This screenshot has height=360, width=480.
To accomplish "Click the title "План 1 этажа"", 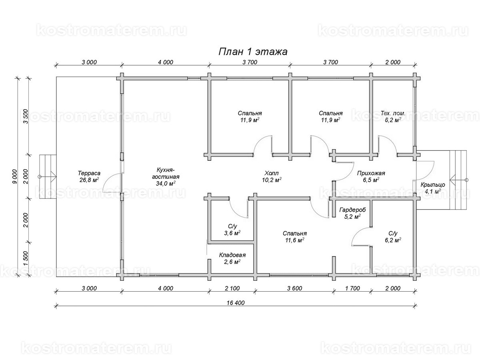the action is tap(253, 52).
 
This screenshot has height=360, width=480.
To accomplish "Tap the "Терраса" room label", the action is tap(89, 173).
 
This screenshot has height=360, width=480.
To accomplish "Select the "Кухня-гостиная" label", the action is tap(166, 173).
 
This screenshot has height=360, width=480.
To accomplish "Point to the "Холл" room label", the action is tap(271, 173).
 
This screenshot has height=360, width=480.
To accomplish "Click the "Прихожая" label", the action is tap(371, 173).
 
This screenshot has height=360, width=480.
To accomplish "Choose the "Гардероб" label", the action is tap(352, 210).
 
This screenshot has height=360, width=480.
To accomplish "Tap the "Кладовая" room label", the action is tap(232, 255).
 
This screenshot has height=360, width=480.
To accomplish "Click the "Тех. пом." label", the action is tap(393, 114).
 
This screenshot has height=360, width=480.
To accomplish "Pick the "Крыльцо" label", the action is tap(432, 185).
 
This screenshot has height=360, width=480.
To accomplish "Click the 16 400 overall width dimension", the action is tap(236, 303).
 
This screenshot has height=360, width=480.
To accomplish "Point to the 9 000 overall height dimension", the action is tap(15, 176).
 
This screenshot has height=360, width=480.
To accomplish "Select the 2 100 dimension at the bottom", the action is tap(232, 288).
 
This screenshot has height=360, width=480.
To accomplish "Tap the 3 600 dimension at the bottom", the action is tap(294, 288).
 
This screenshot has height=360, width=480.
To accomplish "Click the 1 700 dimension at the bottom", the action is tap(352, 288).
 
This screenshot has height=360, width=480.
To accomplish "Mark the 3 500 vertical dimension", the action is tap(26, 116).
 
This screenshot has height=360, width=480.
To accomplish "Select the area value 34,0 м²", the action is tap(166, 183).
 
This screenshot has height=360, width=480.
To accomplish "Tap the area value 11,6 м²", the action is tap(294, 240).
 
